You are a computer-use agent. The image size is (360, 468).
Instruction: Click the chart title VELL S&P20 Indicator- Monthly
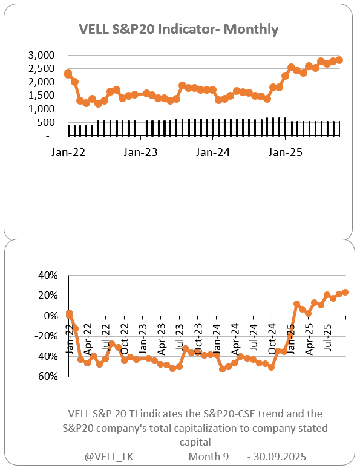click(179, 29)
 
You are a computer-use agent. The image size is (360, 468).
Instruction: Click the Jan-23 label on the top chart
click(140, 152)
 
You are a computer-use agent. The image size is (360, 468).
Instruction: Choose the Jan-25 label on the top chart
click(286, 152)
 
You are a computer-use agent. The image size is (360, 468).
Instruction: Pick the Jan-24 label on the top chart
click(213, 152)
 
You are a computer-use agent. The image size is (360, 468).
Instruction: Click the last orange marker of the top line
click(339, 60)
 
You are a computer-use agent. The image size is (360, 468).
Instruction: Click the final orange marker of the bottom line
click(345, 293)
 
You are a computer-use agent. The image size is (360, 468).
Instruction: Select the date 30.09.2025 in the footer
click(287, 455)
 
